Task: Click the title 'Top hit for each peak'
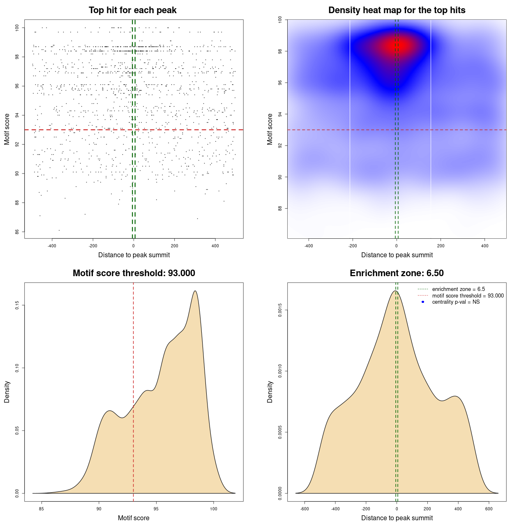132,10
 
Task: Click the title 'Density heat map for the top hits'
397,10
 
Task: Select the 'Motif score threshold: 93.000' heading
134,273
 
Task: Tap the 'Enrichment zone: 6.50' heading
397,273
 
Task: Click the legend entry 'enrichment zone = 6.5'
458,289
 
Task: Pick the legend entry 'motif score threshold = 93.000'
468,295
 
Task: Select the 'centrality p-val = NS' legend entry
456,302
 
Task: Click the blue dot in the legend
423,302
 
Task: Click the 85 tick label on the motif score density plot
41,509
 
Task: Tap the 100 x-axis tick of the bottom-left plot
213,509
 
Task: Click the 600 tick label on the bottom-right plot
489,509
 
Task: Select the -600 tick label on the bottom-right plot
304,509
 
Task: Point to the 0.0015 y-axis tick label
280,310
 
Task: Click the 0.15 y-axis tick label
17,305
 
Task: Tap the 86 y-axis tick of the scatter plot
17,232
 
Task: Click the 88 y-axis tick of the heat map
280,208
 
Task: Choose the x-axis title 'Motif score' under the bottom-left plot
134,518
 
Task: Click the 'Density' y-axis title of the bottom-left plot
7,392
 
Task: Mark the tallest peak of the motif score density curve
195,291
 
